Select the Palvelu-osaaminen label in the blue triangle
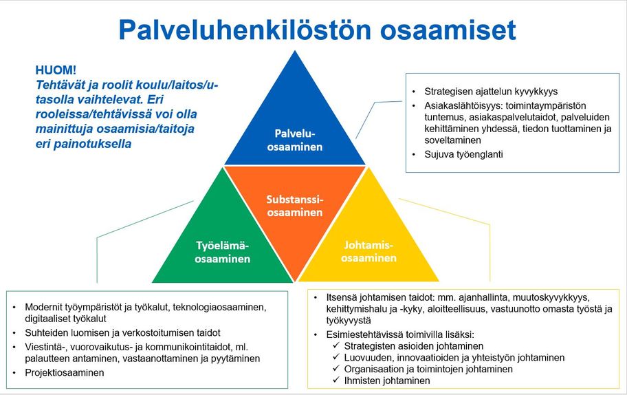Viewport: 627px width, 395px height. [295, 139]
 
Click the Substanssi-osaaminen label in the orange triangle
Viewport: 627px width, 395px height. [295, 206]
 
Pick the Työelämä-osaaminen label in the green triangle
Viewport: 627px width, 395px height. [222, 252]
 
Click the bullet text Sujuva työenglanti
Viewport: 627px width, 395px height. [463, 154]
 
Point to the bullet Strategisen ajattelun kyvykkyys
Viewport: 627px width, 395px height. [490, 91]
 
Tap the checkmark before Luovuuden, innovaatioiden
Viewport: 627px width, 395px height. [336, 358]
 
